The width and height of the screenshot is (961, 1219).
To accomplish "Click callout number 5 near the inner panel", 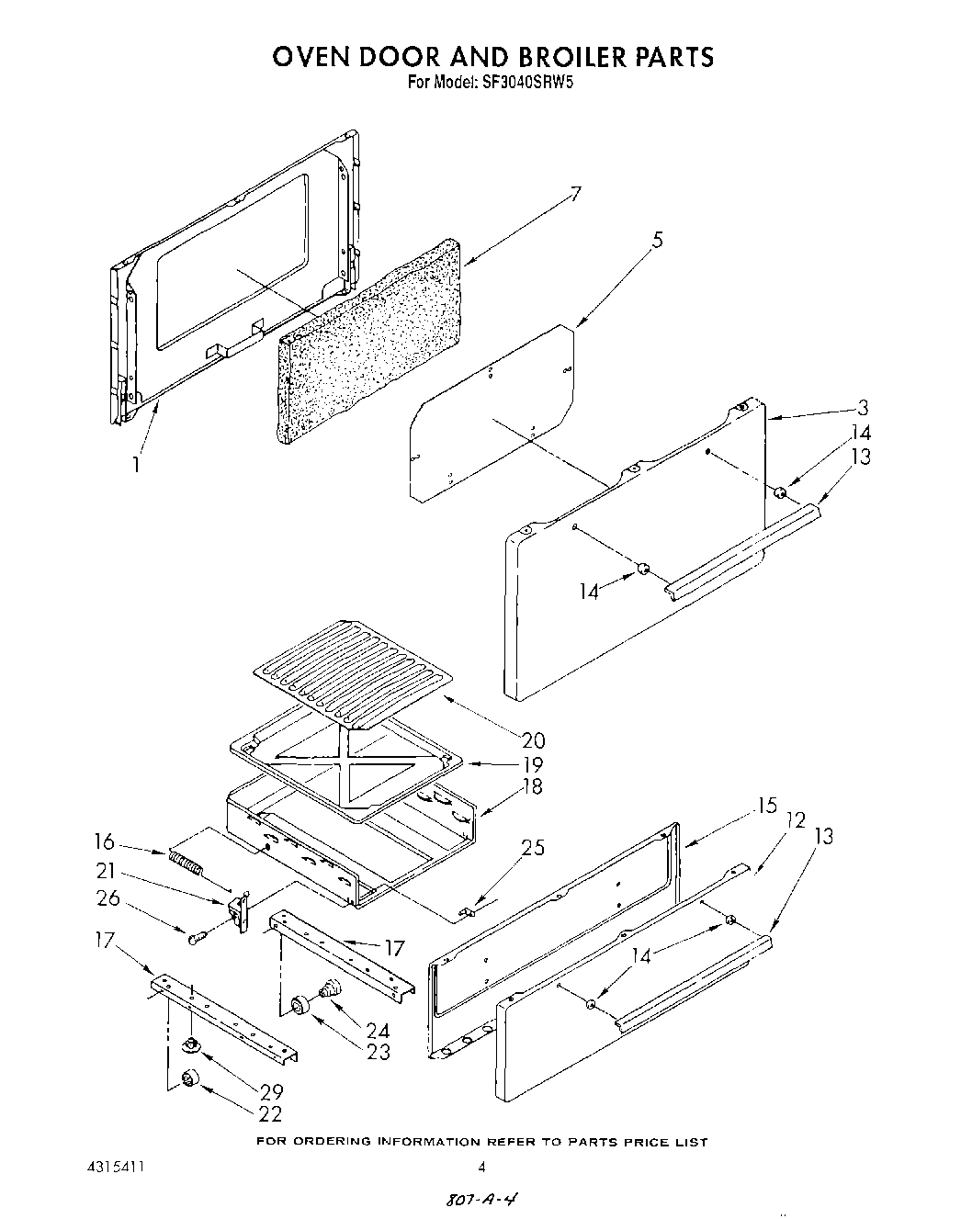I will coord(657,241).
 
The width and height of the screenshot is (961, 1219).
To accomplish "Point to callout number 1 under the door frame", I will coord(135,465).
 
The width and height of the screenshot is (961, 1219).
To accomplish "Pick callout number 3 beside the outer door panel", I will coord(862,409).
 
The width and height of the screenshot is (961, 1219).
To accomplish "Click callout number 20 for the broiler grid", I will coord(532,739).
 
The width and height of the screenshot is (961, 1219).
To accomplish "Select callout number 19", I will coord(532,764).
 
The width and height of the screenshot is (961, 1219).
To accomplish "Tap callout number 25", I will coord(532,847).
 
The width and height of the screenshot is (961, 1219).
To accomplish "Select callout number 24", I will coord(378,1031).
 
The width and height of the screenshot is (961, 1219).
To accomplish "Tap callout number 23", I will coord(378,1053).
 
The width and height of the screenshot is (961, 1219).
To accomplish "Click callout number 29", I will coord(270,1092).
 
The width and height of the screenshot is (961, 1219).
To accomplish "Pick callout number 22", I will coord(270,1114).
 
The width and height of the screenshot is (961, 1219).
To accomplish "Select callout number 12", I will coord(795,819).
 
